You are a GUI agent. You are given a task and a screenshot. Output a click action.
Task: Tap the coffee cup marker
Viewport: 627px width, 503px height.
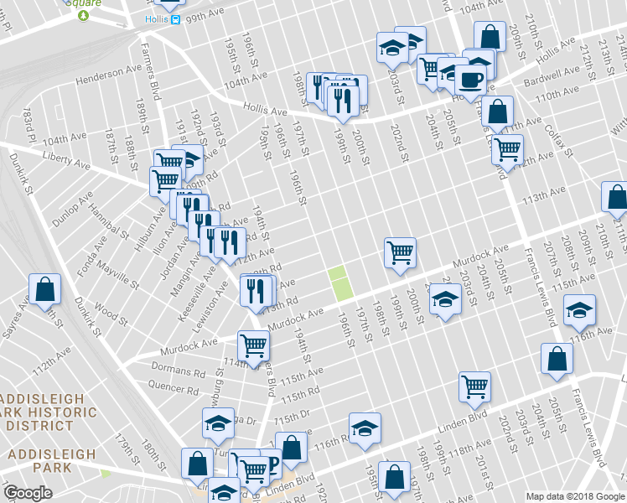click(x=470, y=81)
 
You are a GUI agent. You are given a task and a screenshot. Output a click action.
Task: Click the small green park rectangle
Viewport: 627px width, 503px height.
click(x=339, y=283)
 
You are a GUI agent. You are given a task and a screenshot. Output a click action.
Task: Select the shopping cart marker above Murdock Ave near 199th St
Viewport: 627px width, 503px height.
click(x=401, y=251)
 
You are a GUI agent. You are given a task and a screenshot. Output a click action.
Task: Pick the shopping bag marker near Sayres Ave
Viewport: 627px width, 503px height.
click(x=45, y=288)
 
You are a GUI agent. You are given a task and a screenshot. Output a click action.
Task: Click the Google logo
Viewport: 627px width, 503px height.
click(x=28, y=493)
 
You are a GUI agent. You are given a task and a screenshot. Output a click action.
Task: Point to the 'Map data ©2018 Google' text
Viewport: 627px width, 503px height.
click(x=574, y=496)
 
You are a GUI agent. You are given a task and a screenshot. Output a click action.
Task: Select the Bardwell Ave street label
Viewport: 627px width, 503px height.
click(x=552, y=77)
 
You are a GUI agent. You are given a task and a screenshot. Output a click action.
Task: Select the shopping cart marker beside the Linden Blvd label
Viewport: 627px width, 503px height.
click(x=474, y=386)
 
